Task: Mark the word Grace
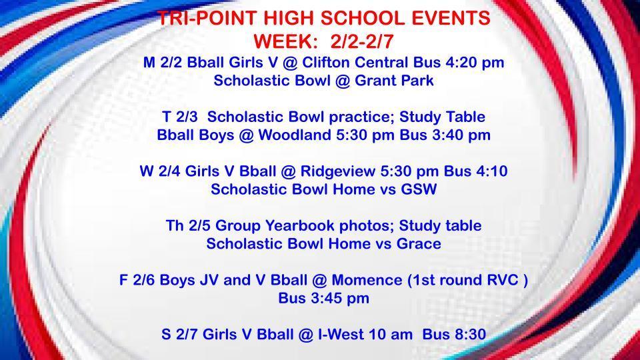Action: point(418,244)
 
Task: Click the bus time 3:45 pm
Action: point(338,298)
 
